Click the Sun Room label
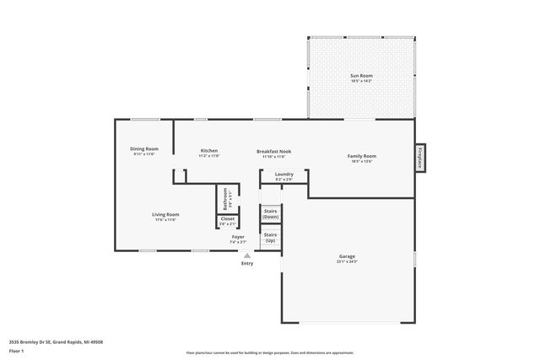coord(361,76)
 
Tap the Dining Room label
coord(145,149)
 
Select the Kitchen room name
coord(208,151)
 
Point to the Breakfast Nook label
coord(274,151)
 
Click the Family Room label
coord(361,156)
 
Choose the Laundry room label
coord(283,175)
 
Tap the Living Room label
coord(165,214)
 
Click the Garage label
coord(347,257)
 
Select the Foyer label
coord(239,237)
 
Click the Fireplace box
coord(419,158)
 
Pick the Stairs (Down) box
coord(271,214)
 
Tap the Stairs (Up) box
coord(271,238)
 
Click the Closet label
coord(227,219)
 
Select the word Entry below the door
coord(246,264)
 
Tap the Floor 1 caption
coord(16,352)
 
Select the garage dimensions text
coord(347,262)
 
